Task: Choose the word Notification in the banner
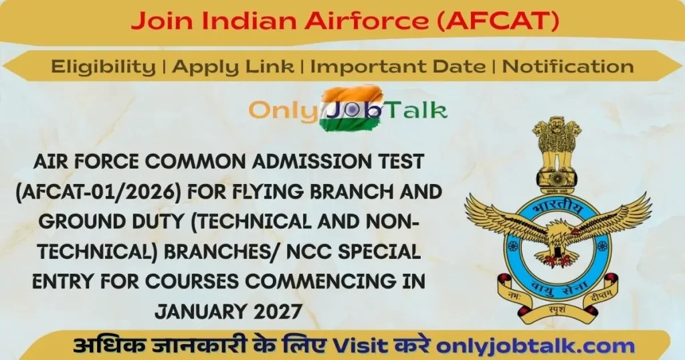pos(567,66)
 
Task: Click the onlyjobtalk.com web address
pos(535,346)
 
